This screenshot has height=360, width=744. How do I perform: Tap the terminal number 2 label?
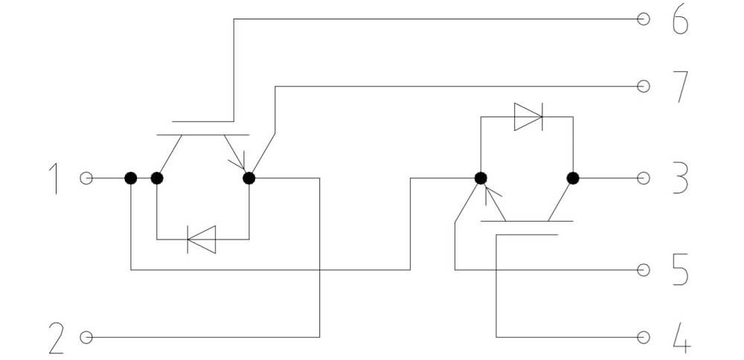pyautogui.click(x=57, y=338)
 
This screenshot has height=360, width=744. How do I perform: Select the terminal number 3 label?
pyautogui.click(x=681, y=179)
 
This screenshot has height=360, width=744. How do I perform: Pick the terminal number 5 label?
pyautogui.click(x=681, y=270)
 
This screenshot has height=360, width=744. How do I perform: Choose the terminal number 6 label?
pyautogui.click(x=681, y=19)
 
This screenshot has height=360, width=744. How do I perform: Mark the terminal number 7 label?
pyautogui.click(x=682, y=87)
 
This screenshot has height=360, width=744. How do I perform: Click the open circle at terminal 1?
pyautogui.click(x=86, y=179)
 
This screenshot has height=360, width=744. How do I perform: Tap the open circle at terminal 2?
pyautogui.click(x=86, y=337)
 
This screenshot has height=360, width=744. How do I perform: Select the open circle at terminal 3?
pyautogui.click(x=643, y=179)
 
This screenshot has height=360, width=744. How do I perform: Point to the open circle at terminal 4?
pyautogui.click(x=643, y=337)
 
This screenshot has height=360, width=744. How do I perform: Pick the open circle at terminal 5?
pyautogui.click(x=643, y=270)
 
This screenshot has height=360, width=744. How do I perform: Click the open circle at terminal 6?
pyautogui.click(x=643, y=19)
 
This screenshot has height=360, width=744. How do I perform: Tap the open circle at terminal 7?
pyautogui.click(x=643, y=86)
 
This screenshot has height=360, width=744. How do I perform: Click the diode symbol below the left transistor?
pyautogui.click(x=202, y=240)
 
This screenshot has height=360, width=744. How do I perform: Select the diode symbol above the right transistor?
pyautogui.click(x=528, y=117)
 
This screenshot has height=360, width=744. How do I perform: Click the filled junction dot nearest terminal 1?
pyautogui.click(x=131, y=179)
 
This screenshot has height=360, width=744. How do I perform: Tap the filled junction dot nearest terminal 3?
pyautogui.click(x=573, y=179)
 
